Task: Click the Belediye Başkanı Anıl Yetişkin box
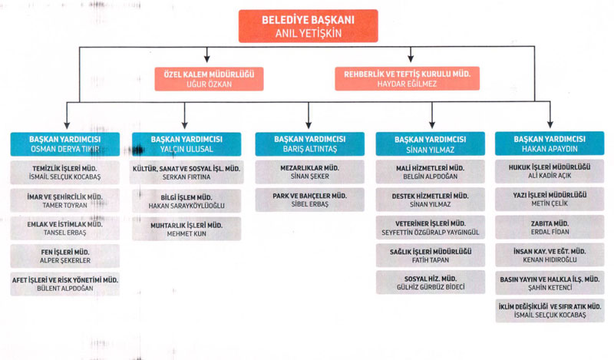pyautogui.click(x=308, y=26)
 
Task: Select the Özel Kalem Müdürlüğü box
pyautogui.click(x=209, y=78)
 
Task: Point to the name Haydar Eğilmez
pyautogui.click(x=407, y=84)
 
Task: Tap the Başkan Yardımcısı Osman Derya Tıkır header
pyautogui.click(x=65, y=144)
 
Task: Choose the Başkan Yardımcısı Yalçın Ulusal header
pyautogui.click(x=187, y=144)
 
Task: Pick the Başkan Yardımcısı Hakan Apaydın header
pyautogui.click(x=548, y=144)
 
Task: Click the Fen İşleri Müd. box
pyautogui.click(x=65, y=256)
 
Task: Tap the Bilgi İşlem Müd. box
pyautogui.click(x=187, y=200)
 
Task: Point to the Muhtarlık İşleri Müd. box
pyautogui.click(x=187, y=229)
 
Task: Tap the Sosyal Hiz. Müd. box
pyautogui.click(x=430, y=282)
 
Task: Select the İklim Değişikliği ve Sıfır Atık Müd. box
pyautogui.click(x=548, y=311)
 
